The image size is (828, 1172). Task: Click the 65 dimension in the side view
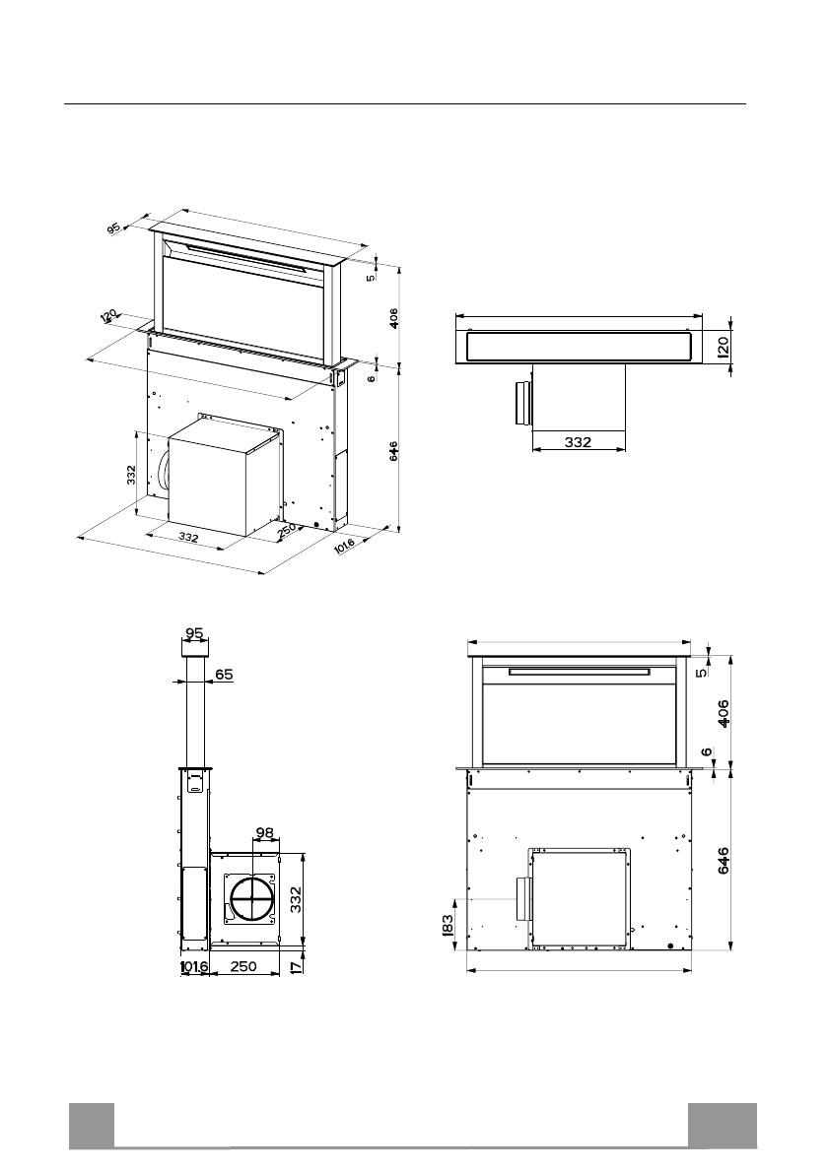point(224,675)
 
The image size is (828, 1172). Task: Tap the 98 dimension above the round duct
point(265,833)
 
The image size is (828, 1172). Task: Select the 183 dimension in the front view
point(448,924)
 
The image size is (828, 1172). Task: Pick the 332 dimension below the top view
point(578,443)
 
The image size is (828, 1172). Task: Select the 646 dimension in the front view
point(724,860)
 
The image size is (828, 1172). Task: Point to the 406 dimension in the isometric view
point(392,318)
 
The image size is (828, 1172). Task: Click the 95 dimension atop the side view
point(194,633)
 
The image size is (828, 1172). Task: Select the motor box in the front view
point(580,895)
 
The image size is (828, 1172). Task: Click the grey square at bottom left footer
point(92,1125)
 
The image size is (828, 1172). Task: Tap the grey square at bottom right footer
point(723,1125)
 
